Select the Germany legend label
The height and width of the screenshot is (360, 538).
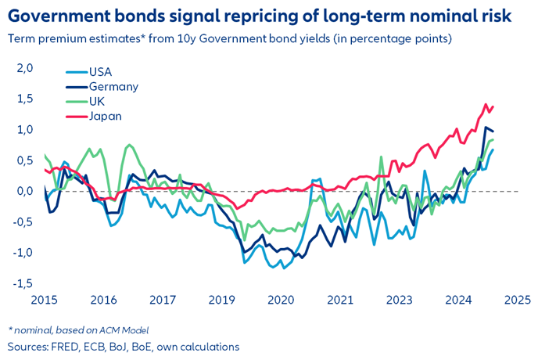(x=114, y=87)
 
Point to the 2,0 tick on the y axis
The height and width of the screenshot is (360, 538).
(x=25, y=69)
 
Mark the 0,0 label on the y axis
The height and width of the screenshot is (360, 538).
(x=25, y=191)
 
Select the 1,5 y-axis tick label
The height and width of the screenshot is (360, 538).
(x=25, y=99)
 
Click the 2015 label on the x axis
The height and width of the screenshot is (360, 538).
(x=45, y=300)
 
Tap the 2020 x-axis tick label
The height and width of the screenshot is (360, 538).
(x=279, y=300)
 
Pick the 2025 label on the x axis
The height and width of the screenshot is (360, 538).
(x=517, y=300)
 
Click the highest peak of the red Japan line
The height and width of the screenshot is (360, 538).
(x=486, y=104)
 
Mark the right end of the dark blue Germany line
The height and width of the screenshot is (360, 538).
(x=493, y=131)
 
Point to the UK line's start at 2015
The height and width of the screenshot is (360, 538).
(x=45, y=155)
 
